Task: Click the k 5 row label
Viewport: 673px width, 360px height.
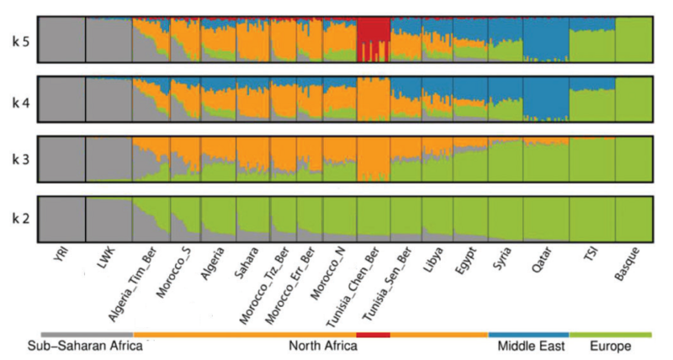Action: tap(19, 40)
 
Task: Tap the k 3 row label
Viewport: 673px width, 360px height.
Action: tap(19, 159)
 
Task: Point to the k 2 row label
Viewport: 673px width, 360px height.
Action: tap(19, 218)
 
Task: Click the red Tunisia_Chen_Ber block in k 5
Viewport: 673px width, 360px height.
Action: tap(373, 38)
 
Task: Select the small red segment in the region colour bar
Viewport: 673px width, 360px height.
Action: tap(374, 334)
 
